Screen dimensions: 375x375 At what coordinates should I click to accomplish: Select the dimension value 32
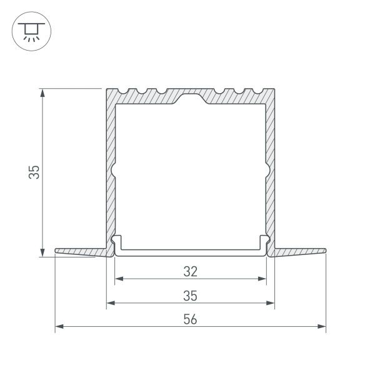click(x=191, y=271)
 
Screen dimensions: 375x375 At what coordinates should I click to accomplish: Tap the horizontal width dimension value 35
click(x=191, y=295)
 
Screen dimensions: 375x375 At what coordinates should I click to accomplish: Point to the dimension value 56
click(x=191, y=319)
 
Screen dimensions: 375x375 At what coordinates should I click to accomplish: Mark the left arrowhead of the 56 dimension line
click(x=59, y=326)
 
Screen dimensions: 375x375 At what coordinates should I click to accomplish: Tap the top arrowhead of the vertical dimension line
click(x=42, y=92)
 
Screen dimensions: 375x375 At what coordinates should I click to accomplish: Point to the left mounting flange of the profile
click(x=81, y=251)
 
